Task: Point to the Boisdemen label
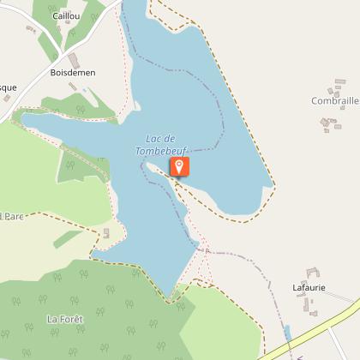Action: (73, 73)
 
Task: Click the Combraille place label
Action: (334, 100)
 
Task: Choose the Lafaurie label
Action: (309, 287)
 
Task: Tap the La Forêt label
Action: (64, 319)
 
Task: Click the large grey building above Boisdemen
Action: (72, 59)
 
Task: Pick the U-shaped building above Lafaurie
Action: (311, 273)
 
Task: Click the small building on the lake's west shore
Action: (106, 233)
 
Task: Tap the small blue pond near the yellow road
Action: (288, 331)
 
